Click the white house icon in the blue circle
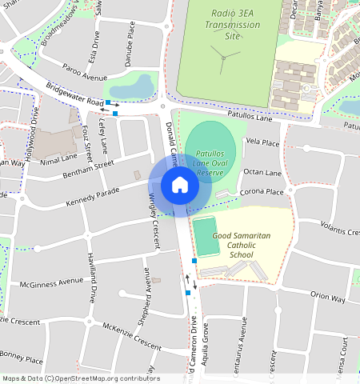180,186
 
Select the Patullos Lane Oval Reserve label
210,162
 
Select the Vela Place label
262,142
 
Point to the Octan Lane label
262,173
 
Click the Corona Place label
262,192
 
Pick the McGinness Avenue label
51,282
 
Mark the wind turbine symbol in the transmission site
225,54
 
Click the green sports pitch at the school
206,237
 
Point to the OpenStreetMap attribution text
80,378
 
